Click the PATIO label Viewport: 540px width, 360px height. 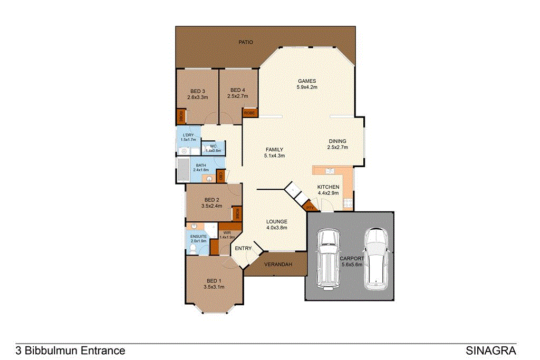point(246,42)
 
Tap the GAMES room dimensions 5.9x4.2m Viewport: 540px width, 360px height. point(306,87)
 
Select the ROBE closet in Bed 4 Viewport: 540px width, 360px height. point(249,113)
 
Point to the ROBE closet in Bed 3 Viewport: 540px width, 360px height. point(180,116)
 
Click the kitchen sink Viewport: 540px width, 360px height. point(330,171)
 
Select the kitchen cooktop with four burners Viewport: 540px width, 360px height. point(348,203)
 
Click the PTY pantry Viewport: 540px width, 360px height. point(310,208)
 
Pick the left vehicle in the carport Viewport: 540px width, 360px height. point(326,258)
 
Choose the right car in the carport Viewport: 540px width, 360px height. point(376,258)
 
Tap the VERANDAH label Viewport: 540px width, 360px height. point(278,264)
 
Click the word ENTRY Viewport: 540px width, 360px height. point(244,248)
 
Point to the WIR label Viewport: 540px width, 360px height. point(227,232)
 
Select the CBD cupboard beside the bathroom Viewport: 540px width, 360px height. point(220,176)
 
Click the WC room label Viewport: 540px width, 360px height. point(213,147)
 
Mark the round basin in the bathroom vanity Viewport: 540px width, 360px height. point(209,179)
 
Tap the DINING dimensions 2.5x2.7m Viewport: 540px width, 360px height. point(337,148)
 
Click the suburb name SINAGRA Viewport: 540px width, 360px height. point(491,351)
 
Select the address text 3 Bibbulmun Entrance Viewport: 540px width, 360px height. point(71,351)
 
